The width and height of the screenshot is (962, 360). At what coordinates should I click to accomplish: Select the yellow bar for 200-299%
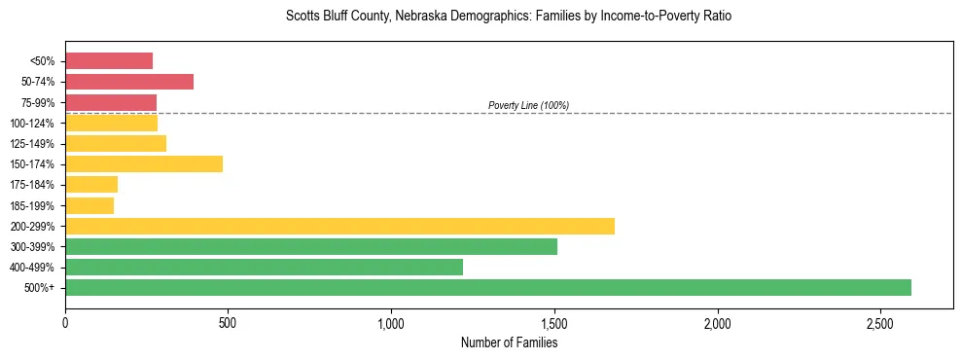[x=339, y=226]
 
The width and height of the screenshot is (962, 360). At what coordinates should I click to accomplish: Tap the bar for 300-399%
[x=311, y=246]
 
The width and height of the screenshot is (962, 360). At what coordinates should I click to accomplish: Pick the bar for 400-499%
[x=264, y=267]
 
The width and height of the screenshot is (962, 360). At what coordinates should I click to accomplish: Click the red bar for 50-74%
[x=129, y=82]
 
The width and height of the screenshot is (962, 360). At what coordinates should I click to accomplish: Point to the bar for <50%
[x=109, y=61]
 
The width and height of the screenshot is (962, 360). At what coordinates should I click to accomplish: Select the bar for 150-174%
[x=144, y=163]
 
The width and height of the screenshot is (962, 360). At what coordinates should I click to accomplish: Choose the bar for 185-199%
[x=89, y=205]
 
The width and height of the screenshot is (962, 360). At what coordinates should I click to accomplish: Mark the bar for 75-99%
[x=111, y=102]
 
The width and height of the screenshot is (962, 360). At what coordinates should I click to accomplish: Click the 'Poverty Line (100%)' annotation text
[x=528, y=105]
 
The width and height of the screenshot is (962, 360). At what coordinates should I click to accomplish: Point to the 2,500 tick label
[x=880, y=322]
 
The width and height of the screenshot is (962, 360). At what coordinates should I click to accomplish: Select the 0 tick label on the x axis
[x=65, y=322]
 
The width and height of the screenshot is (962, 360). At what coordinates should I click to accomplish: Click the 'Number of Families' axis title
[x=509, y=342]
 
